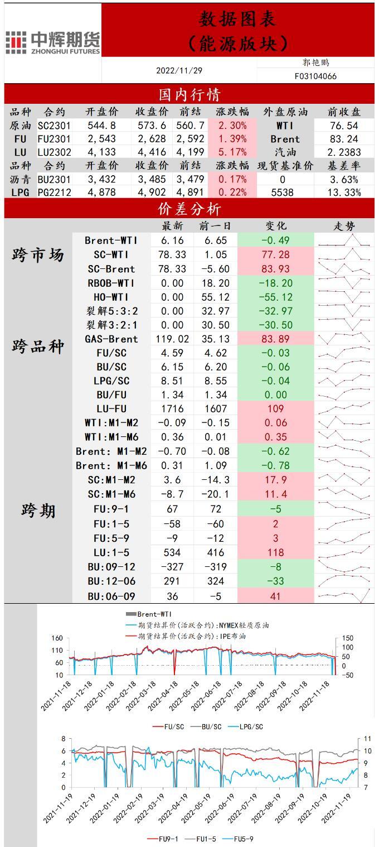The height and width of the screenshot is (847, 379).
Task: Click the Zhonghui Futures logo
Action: (53, 42)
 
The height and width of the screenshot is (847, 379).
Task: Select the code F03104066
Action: (315, 76)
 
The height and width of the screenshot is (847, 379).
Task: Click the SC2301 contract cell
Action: (54, 126)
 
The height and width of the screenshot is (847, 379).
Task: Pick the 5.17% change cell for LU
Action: (233, 152)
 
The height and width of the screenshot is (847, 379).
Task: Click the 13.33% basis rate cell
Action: (343, 192)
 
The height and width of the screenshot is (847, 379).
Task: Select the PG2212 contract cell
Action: (54, 192)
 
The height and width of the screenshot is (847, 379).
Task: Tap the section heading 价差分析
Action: (189, 209)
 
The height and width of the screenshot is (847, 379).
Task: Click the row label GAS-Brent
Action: (111, 339)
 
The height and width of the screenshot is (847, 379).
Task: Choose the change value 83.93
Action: (276, 268)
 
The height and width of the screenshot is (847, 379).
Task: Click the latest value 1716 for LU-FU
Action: (172, 408)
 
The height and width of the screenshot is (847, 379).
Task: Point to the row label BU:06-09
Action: (111, 596)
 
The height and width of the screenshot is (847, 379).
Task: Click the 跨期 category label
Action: (38, 510)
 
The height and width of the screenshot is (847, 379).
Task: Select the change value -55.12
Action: (276, 297)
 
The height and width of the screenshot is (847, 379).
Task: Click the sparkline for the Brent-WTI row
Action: (344, 240)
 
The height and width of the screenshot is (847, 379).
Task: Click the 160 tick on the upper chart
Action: (56, 638)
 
